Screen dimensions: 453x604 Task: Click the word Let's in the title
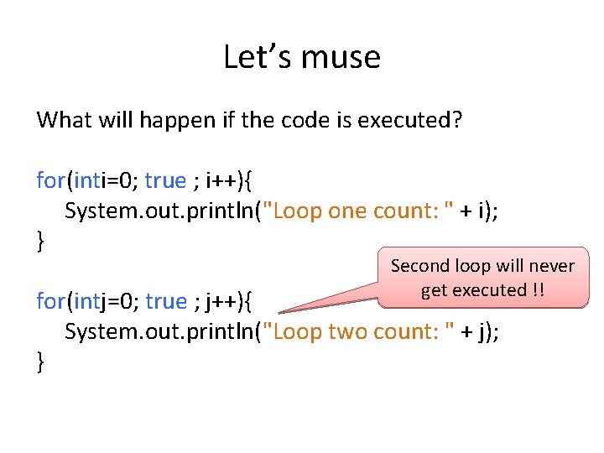tap(251, 57)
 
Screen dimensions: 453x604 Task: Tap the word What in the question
tap(64, 120)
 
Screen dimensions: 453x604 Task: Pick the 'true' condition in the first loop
tap(165, 180)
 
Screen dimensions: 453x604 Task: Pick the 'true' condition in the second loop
tap(165, 300)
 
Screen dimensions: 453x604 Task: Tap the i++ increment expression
tap(221, 180)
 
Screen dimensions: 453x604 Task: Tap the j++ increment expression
tap(221, 300)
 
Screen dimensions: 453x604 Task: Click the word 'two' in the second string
tap(348, 331)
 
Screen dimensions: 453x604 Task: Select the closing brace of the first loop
tap(40, 242)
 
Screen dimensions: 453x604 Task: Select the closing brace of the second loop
tap(40, 362)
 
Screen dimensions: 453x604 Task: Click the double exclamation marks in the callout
tap(538, 290)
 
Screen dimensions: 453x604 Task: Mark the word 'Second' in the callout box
tap(421, 267)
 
